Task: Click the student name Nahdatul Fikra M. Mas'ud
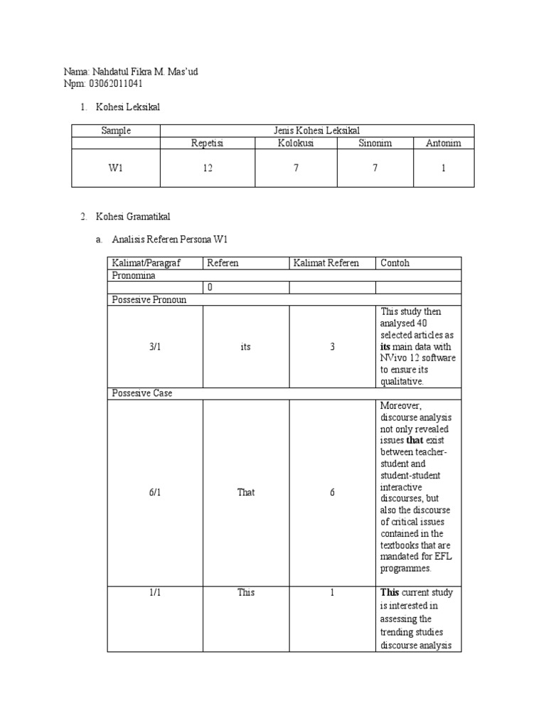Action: tap(147, 73)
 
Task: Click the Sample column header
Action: tap(116, 131)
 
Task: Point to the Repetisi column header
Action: tap(207, 143)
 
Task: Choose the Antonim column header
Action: tap(443, 143)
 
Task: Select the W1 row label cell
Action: tap(116, 168)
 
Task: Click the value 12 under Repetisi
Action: tap(207, 168)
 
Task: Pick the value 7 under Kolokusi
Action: tap(295, 168)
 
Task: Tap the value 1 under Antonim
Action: tap(443, 168)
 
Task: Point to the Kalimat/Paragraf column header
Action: tap(146, 263)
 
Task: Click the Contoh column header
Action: tap(395, 263)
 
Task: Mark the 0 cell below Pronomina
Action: tap(209, 287)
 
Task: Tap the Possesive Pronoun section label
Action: tap(149, 299)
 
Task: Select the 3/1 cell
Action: tap(155, 347)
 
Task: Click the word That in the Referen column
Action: tap(246, 492)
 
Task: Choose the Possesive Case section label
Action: tap(142, 393)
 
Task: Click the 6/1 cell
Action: tap(155, 492)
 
